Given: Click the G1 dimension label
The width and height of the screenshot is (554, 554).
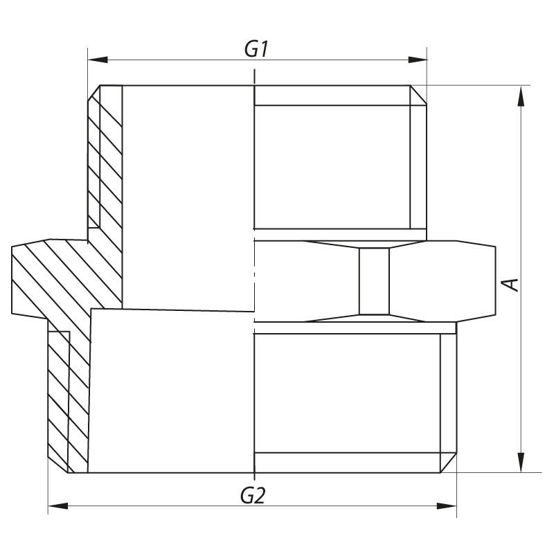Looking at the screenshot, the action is pyautogui.click(x=256, y=49).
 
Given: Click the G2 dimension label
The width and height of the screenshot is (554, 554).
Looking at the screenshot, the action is pyautogui.click(x=253, y=496).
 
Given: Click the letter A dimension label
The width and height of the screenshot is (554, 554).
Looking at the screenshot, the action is pyautogui.click(x=510, y=285).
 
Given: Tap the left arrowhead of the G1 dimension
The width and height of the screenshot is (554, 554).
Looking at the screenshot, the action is pyautogui.click(x=98, y=60).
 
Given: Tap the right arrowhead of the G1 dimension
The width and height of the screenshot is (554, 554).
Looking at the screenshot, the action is pyautogui.click(x=418, y=60).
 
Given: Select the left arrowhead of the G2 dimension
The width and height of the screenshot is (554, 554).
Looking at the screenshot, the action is pyautogui.click(x=58, y=506).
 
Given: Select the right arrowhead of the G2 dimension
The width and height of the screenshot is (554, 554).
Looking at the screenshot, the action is pyautogui.click(x=447, y=506).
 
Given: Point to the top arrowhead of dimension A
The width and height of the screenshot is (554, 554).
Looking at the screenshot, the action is pyautogui.click(x=521, y=96).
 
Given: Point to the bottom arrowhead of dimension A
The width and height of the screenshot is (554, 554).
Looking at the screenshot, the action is pyautogui.click(x=521, y=462).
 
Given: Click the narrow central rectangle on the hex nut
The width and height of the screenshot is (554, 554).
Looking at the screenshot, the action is pyautogui.click(x=374, y=281).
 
